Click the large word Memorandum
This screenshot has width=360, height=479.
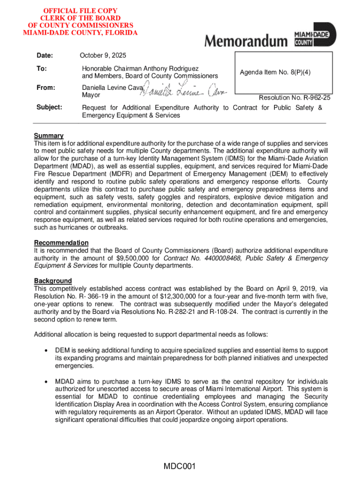[246, 41]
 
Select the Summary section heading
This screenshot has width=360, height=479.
[49, 136]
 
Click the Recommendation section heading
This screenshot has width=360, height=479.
[61, 243]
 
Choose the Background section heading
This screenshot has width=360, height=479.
[53, 281]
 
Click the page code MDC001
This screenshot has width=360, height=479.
[180, 466]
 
